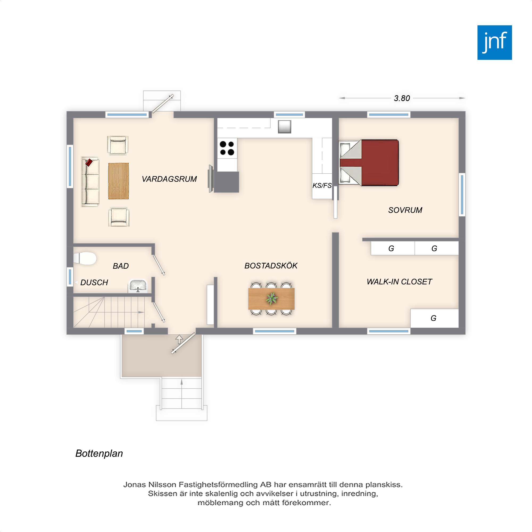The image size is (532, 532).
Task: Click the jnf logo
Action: click(494, 43)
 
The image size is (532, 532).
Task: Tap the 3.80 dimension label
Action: click(402, 98)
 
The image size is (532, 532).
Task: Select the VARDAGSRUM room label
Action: click(169, 179)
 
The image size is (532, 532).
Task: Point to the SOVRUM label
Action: click(405, 210)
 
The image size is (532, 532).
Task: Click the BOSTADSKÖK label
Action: click(271, 265)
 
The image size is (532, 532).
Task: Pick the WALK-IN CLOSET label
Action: click(399, 282)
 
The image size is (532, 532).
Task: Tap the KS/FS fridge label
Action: click(322, 186)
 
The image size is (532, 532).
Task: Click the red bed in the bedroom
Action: click(369, 163)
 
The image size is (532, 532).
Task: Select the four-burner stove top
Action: click(227, 148)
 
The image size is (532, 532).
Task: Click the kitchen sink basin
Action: click(284, 127)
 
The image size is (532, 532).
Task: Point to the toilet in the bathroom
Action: click(85, 258)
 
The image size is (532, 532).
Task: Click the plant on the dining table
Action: click(272, 298)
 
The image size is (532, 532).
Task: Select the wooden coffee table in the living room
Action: click(118, 181)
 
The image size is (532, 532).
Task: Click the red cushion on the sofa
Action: click(89, 163)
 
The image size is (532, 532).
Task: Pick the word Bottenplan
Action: click(99, 454)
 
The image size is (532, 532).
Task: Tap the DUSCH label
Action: click(94, 282)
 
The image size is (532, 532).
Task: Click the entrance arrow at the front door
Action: click(179, 339)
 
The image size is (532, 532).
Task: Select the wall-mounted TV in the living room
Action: click(211, 179)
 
